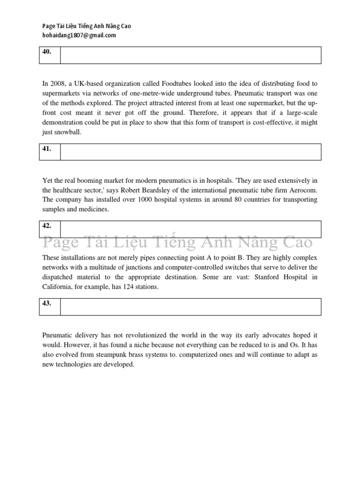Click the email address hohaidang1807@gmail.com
point(79,35)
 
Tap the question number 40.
point(47,52)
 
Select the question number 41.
point(47,149)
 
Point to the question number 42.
point(47,226)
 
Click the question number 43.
point(47,303)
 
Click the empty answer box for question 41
point(190,152)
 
